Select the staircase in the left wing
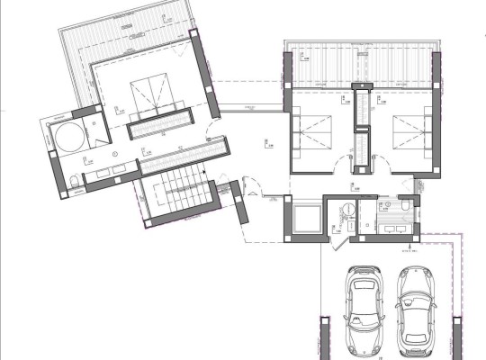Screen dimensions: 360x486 (x=177, y=190)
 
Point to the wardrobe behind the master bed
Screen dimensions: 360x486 (x=159, y=127)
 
